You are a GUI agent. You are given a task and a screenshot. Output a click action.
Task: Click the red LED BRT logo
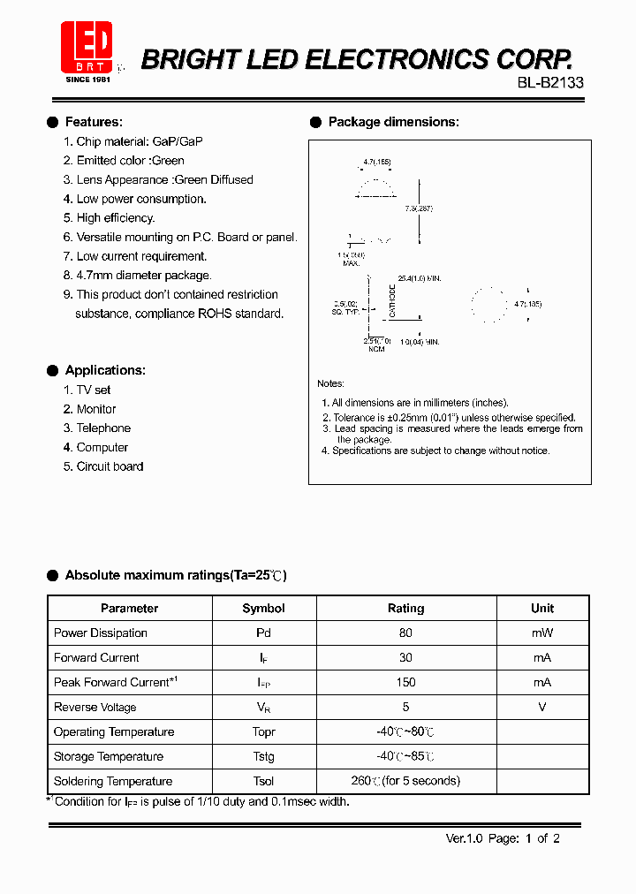pyautogui.click(x=87, y=49)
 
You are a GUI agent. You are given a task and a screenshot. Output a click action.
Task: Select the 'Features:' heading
pyautogui.click(x=94, y=122)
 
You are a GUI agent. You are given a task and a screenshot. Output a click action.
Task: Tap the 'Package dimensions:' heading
pyautogui.click(x=393, y=122)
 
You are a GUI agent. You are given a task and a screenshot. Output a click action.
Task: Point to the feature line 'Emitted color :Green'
pyautogui.click(x=130, y=161)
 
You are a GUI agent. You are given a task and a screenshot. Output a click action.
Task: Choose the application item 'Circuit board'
pyautogui.click(x=110, y=466)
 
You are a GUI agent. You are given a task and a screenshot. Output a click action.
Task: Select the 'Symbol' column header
pyautogui.click(x=263, y=609)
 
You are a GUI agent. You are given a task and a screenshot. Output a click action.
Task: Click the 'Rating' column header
pyautogui.click(x=405, y=609)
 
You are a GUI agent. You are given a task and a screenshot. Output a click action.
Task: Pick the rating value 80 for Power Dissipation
pyautogui.click(x=405, y=633)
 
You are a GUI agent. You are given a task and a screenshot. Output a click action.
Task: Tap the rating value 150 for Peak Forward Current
pyautogui.click(x=405, y=683)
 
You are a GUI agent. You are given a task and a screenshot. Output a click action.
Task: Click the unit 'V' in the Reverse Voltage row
pyautogui.click(x=541, y=708)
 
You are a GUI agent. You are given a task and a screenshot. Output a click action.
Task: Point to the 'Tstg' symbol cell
pyautogui.click(x=263, y=757)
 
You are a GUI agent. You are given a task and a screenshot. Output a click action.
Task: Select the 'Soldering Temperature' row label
pyautogui.click(x=113, y=782)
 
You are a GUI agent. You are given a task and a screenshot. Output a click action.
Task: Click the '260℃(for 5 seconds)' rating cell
pyautogui.click(x=405, y=782)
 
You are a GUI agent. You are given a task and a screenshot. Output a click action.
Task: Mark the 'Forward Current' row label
pyautogui.click(x=96, y=658)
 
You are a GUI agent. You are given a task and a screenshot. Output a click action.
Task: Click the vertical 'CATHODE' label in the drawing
pyautogui.click(x=392, y=300)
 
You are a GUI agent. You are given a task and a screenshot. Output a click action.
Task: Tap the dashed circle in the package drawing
pyautogui.click(x=486, y=304)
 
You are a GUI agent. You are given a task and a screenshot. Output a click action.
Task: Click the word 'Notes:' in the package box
pyautogui.click(x=331, y=384)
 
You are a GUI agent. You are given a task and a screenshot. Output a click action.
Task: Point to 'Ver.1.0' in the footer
pyautogui.click(x=464, y=839)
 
